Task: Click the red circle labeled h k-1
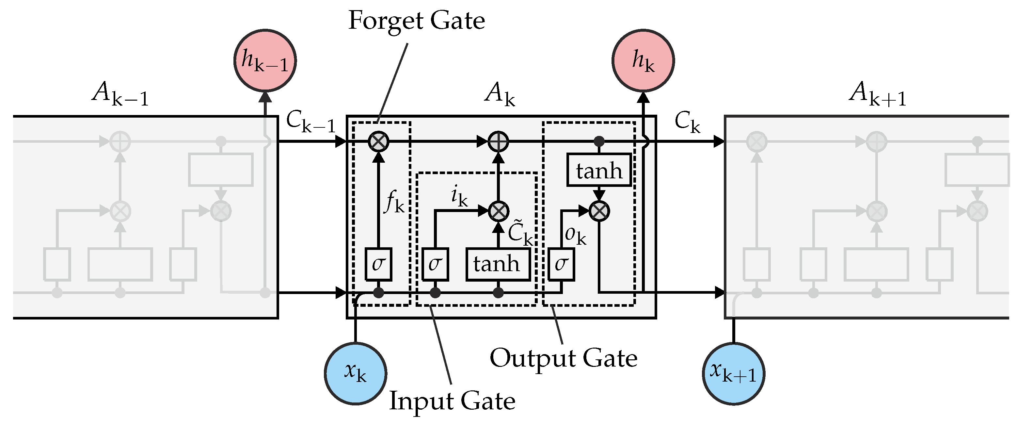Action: click(265, 60)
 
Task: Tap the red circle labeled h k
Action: click(643, 60)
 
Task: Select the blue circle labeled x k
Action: click(355, 373)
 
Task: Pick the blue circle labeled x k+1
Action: click(734, 373)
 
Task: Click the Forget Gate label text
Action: click(417, 21)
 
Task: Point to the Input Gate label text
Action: click(452, 400)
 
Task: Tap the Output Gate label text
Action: click(564, 358)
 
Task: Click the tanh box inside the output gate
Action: click(599, 170)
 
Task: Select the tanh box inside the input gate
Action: click(498, 264)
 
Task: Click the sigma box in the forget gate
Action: click(378, 264)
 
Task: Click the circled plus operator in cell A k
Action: click(498, 141)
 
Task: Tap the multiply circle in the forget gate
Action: click(378, 141)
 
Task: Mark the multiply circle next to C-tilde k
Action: click(498, 211)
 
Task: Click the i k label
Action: click(459, 196)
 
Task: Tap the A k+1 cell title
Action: click(877, 94)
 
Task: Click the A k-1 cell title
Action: click(120, 94)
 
